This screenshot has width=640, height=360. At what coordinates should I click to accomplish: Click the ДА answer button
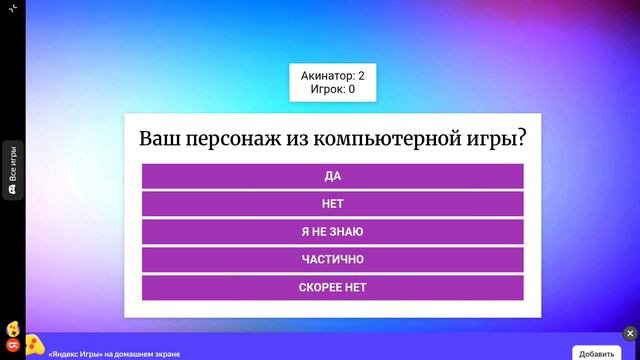tap(332, 176)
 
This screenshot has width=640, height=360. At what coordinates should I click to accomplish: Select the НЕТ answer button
tap(332, 204)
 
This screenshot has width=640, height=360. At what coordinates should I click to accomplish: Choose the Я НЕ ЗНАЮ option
tap(332, 232)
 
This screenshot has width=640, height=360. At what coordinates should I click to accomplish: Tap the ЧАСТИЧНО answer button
tap(332, 260)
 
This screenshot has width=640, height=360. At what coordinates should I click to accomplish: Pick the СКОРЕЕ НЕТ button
tap(332, 288)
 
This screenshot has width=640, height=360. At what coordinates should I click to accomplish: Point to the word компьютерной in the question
tap(386, 138)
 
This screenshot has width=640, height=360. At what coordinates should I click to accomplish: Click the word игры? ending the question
tap(501, 138)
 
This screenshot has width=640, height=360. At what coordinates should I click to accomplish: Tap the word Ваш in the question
tap(157, 138)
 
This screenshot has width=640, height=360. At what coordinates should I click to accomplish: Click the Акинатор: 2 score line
tap(333, 76)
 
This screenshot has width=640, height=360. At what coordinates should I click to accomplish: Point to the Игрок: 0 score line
tap(333, 89)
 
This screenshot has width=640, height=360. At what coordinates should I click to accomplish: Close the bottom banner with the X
tap(630, 333)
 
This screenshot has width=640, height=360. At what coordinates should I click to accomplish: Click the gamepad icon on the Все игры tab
tap(13, 188)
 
